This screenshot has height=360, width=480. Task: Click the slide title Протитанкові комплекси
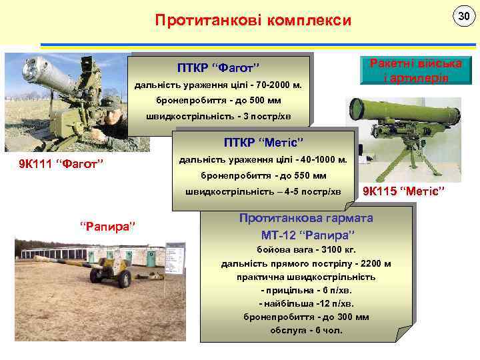tap(253, 21)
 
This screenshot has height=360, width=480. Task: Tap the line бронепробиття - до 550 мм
tap(263, 176)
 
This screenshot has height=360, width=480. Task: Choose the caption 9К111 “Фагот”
tap(63, 164)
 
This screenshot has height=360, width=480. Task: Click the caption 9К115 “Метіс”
tap(403, 192)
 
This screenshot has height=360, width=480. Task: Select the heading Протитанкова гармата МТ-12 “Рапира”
tap(306, 227)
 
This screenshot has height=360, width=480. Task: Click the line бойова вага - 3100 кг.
tap(306, 251)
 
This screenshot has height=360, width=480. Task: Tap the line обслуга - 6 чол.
tap(306, 330)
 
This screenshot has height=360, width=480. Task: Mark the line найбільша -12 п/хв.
tap(306, 303)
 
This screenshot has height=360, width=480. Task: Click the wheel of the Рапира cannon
tap(124, 281)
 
